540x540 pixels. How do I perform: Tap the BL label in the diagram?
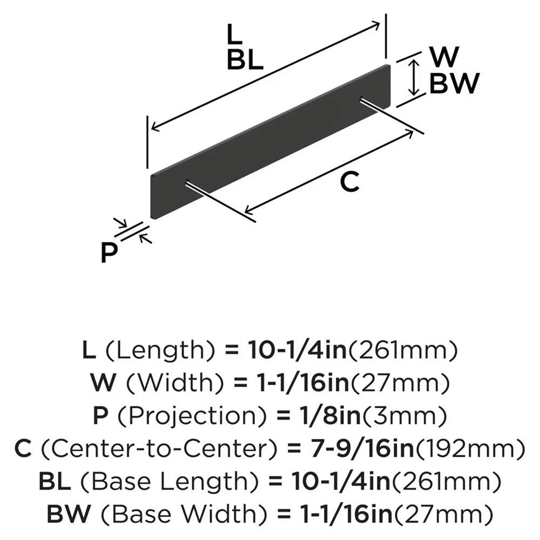point(245,60)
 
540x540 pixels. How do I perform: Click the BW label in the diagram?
point(454,84)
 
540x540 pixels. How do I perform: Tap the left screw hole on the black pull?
point(186,182)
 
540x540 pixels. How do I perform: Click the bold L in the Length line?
point(89,351)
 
